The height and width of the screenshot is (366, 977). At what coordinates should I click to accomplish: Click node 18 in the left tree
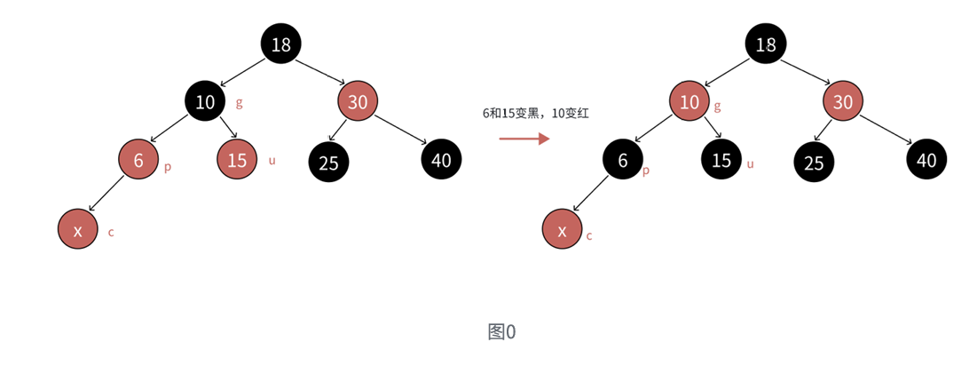point(280,44)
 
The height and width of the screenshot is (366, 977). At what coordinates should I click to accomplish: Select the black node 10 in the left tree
point(205,101)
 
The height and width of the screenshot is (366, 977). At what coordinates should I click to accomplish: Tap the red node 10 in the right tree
point(689,101)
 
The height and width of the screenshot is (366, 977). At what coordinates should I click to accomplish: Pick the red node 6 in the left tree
point(138,160)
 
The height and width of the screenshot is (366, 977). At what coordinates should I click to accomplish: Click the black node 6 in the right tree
point(623,160)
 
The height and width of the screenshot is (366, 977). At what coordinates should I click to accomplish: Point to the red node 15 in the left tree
point(237,160)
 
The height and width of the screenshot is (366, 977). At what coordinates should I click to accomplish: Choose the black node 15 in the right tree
point(721,160)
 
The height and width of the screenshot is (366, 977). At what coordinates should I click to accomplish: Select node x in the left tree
point(77,230)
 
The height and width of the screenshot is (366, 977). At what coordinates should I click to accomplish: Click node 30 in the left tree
point(358,101)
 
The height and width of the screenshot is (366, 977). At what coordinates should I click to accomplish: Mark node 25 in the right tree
point(814,163)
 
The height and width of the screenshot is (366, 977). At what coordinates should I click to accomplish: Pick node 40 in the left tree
point(441,160)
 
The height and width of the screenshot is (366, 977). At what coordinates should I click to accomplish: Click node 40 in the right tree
point(926,160)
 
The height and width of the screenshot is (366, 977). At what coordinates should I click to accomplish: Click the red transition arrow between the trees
point(524,139)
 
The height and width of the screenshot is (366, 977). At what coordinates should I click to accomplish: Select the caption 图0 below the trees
point(501,332)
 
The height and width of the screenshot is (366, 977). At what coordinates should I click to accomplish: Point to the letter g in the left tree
point(239,102)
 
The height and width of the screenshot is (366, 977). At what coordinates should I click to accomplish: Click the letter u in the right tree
point(751,163)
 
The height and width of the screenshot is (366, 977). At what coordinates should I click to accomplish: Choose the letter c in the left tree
point(111,233)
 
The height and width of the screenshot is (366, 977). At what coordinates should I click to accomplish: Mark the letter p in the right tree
point(645,169)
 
